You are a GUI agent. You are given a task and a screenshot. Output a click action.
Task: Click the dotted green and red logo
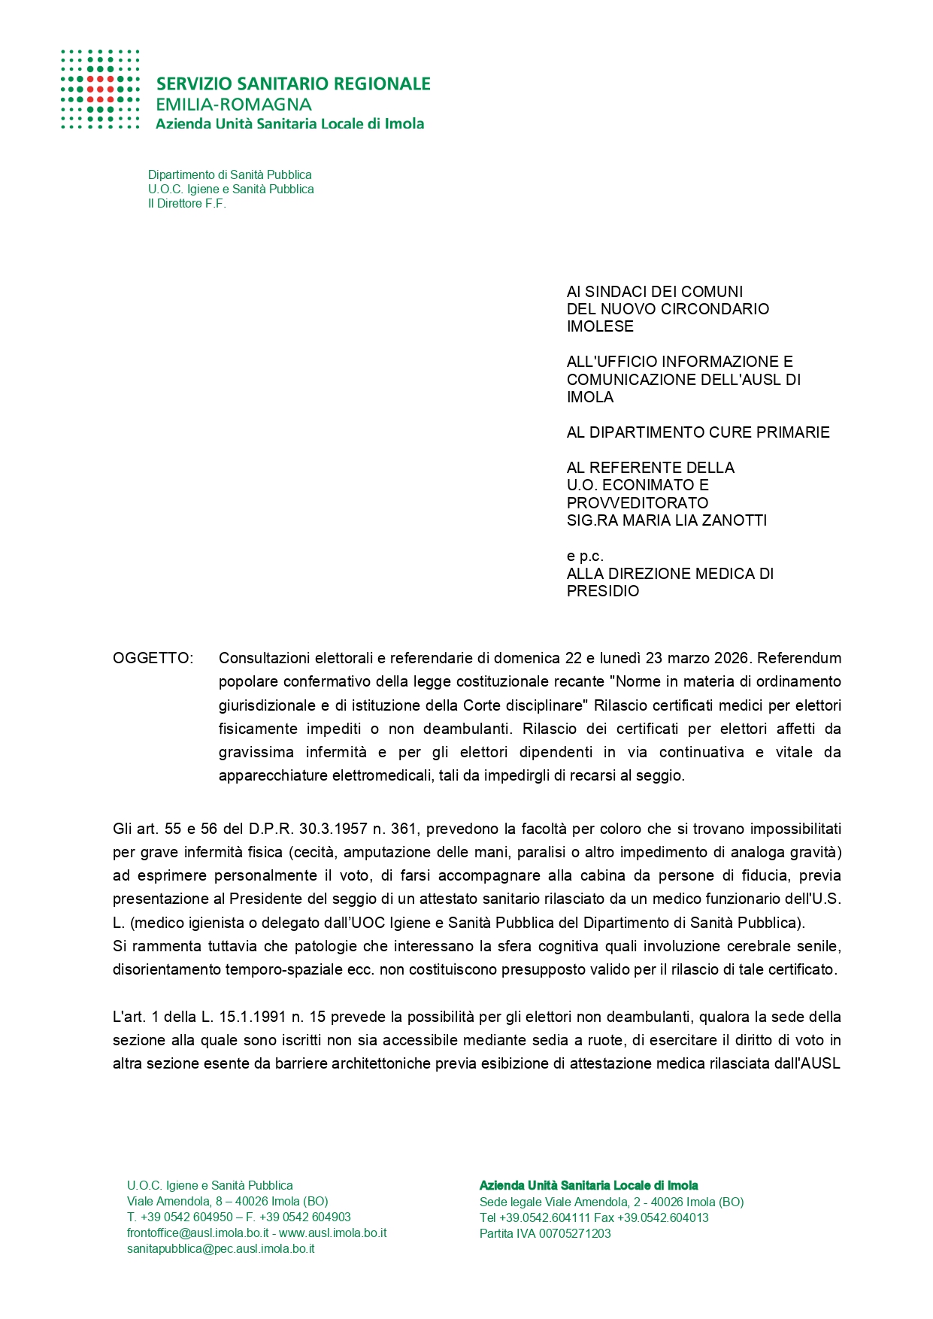point(100,89)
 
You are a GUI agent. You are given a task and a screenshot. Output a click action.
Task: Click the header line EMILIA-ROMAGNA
point(233,105)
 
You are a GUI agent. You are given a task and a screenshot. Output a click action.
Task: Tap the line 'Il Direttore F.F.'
point(186,204)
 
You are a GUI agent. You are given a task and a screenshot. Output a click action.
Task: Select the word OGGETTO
point(153,659)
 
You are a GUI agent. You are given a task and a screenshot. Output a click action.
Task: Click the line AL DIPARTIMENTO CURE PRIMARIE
point(698,432)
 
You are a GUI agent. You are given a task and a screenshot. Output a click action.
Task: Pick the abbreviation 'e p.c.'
point(585,556)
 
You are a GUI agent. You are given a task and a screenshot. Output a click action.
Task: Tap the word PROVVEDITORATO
point(638,503)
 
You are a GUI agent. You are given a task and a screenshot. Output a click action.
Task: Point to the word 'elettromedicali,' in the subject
point(383,776)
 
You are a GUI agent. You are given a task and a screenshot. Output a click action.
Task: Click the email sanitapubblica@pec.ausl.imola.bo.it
point(220,1249)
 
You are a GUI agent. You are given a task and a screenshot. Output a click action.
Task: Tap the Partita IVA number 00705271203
point(574,1233)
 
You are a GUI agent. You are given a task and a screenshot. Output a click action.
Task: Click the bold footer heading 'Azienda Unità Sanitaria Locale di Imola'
point(588,1186)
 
